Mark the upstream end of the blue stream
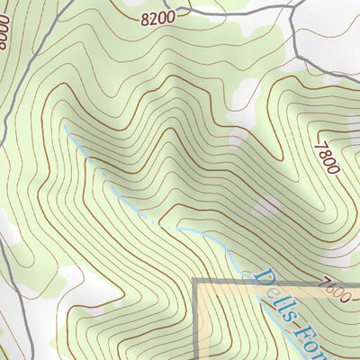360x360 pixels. tap(65, 126)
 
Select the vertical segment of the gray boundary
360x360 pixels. tap(197, 324)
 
